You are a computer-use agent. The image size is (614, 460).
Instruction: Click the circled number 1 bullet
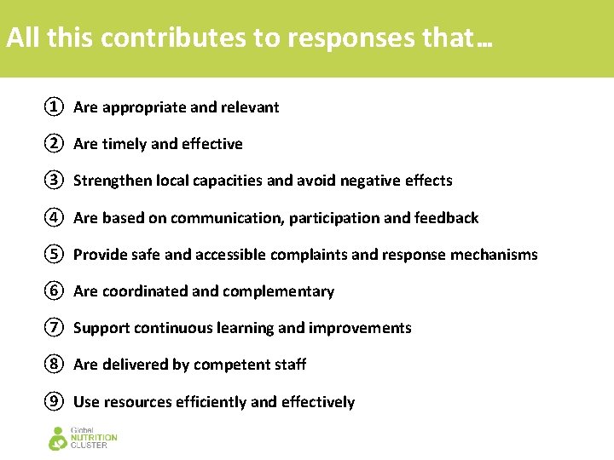click(x=54, y=107)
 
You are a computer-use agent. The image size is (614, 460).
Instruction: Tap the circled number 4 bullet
click(x=54, y=217)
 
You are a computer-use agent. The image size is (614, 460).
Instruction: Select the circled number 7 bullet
click(x=54, y=328)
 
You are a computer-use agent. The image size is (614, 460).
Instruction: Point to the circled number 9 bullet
click(x=54, y=402)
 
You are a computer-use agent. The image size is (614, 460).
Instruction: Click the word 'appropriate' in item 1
click(x=143, y=107)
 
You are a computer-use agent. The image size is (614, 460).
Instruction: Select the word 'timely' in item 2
click(x=124, y=145)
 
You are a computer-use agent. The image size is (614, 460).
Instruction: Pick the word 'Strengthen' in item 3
click(x=113, y=181)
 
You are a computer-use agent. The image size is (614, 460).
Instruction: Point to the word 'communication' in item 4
click(x=225, y=218)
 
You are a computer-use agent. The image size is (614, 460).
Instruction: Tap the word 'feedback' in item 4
click(x=446, y=218)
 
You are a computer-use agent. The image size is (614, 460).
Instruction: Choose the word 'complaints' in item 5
click(x=310, y=255)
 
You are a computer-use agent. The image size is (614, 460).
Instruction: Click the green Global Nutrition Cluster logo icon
click(x=58, y=438)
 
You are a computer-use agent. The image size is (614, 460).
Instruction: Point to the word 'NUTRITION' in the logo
click(x=94, y=438)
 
